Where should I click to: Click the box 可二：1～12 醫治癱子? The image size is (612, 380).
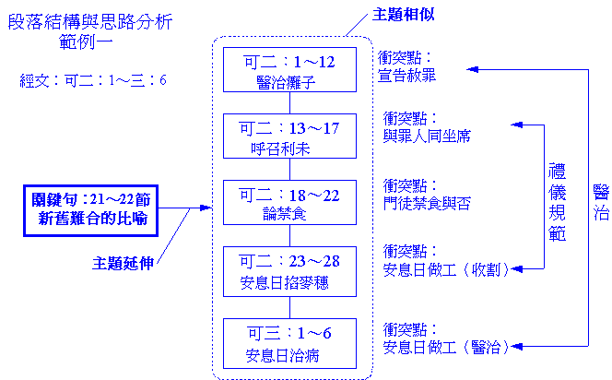point(289,71)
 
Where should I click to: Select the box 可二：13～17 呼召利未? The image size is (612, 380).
point(289,137)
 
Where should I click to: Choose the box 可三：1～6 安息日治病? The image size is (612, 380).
point(289,340)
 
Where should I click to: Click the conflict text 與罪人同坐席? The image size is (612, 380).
point(427,136)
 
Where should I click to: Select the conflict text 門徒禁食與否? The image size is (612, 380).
point(427,203)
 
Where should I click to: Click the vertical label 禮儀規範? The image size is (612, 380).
point(557,202)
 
